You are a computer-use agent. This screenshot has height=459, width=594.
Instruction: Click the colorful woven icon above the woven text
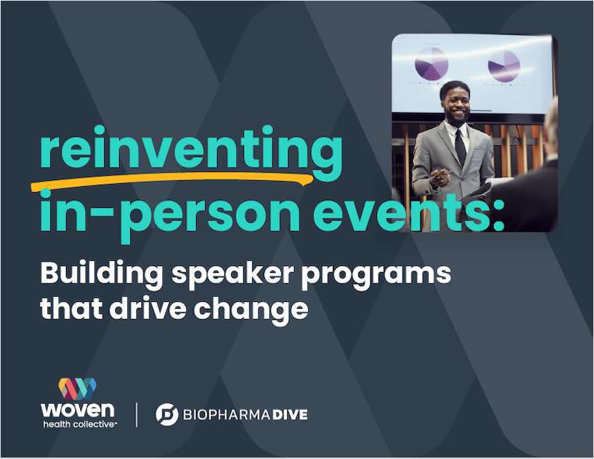coord(78,388)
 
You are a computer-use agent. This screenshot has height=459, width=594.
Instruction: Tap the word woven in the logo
coord(78,410)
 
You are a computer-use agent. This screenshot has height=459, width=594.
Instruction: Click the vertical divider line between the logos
coord(136,413)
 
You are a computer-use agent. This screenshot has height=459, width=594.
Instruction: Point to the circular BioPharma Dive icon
coord(167,414)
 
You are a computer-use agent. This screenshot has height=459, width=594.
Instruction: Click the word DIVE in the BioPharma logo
coord(284,414)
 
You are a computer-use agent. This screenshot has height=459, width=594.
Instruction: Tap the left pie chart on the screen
coord(431,63)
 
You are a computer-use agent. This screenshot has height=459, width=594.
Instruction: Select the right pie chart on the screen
coord(503,66)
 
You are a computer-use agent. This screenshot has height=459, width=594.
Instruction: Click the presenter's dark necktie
coord(460,146)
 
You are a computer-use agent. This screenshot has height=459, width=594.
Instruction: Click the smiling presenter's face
coord(455,101)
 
